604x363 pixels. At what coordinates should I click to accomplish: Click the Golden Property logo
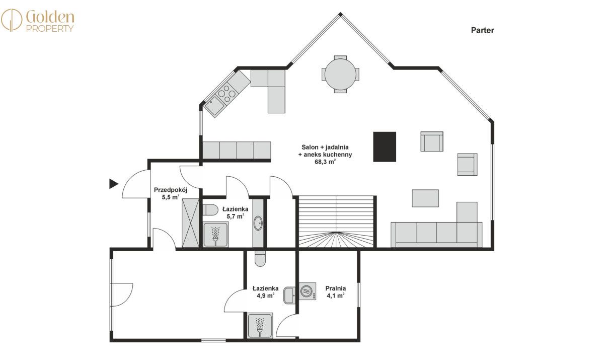click(x=37, y=20)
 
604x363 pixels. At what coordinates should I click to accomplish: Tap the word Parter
click(x=482, y=30)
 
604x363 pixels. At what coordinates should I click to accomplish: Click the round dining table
click(x=340, y=74)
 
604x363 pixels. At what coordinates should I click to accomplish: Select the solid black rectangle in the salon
click(x=385, y=147)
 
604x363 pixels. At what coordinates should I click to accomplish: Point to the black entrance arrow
click(x=114, y=184)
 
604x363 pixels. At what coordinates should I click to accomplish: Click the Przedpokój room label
click(x=171, y=190)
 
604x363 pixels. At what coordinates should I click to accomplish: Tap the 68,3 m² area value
click(x=325, y=162)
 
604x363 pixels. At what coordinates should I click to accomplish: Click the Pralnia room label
click(x=335, y=288)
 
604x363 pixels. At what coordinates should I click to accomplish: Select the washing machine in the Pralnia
click(x=308, y=292)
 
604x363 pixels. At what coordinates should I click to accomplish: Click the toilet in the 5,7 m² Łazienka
click(x=210, y=210)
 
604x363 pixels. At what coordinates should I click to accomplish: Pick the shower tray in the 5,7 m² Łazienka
click(x=215, y=234)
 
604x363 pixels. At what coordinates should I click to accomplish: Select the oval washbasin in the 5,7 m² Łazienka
click(x=258, y=223)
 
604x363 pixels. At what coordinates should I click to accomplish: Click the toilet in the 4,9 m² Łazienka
click(x=260, y=258)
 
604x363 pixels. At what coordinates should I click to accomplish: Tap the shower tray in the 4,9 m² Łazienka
click(x=260, y=325)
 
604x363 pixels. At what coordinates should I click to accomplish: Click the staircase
click(x=336, y=222)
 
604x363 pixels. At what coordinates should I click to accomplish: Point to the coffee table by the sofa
click(x=425, y=198)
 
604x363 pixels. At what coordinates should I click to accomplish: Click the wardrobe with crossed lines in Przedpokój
click(x=190, y=223)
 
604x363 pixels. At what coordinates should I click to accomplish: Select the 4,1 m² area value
click(x=335, y=296)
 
